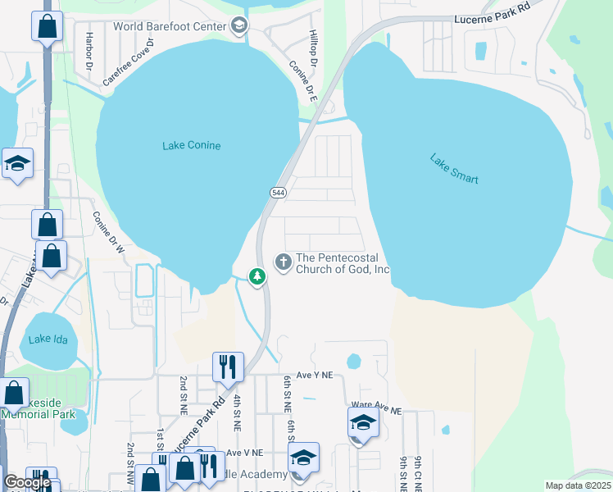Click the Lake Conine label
(x=192, y=146)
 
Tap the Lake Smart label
(x=453, y=168)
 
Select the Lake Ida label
(x=45, y=339)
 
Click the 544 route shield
(x=277, y=192)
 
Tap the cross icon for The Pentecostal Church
(x=284, y=262)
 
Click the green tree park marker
(x=257, y=277)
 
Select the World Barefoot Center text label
(x=170, y=26)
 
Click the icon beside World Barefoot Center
(x=239, y=26)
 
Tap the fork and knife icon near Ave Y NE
(x=228, y=366)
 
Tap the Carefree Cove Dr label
(x=128, y=61)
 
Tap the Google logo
(x=27, y=483)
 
